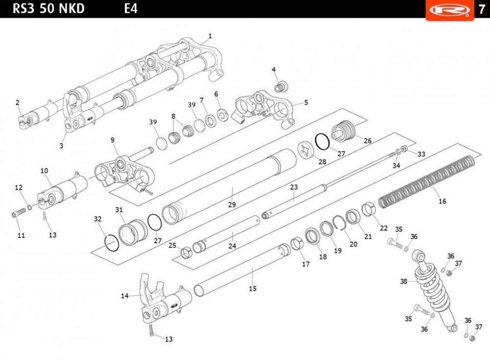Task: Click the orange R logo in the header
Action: [449, 10]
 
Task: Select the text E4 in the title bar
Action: [131, 8]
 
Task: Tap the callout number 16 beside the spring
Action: [442, 201]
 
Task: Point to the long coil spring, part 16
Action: [427, 181]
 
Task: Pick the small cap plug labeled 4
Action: [281, 86]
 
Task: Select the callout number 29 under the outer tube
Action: [232, 205]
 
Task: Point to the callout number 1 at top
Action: [210, 36]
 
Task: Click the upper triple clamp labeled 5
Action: [265, 109]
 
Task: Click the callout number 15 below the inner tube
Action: [253, 288]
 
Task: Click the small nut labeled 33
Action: [404, 148]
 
